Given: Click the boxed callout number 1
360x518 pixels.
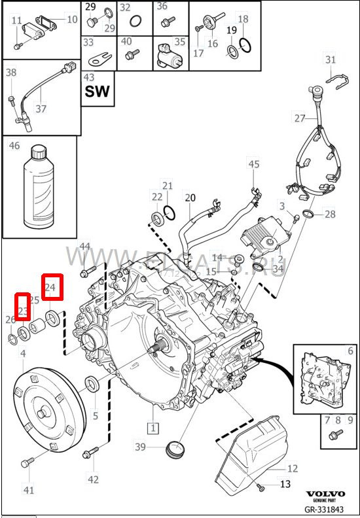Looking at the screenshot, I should coord(153,429).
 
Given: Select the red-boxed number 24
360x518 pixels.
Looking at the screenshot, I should coord(52,286).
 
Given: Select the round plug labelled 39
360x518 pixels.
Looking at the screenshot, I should coord(173,451).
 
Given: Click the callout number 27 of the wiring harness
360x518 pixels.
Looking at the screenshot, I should coord(300,118).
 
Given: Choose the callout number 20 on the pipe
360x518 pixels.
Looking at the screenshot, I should coord(190,198).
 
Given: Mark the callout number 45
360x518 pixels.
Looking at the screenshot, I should coord(253,164).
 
